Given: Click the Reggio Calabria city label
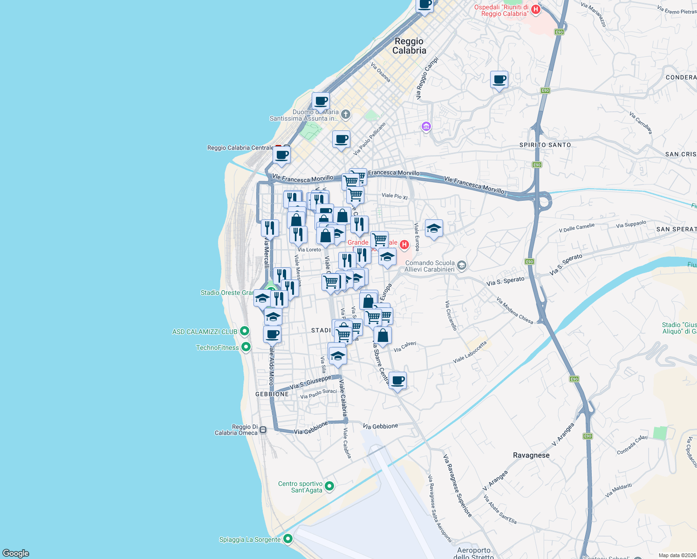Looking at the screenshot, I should (x=409, y=46).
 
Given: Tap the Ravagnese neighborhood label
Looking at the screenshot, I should (x=531, y=455).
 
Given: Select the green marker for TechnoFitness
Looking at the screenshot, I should (x=246, y=347).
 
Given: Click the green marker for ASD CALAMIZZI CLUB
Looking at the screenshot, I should (x=245, y=331).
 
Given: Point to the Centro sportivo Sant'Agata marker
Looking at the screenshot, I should (x=329, y=486).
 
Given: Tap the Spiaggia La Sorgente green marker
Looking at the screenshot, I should (x=288, y=539).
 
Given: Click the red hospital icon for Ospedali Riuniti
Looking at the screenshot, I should (x=535, y=9).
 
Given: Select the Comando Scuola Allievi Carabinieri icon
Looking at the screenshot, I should (x=461, y=266).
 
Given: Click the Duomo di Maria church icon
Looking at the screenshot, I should (x=345, y=114).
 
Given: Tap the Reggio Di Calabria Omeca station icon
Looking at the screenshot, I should (x=263, y=429).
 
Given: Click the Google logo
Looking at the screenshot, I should (x=16, y=553).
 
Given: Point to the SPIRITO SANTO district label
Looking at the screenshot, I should (x=545, y=145).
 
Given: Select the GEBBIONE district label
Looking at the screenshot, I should (x=272, y=394).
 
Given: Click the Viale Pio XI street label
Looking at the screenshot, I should (x=394, y=196).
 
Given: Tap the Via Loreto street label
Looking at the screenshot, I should (x=309, y=250).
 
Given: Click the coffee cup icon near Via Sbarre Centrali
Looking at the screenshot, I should (x=398, y=381).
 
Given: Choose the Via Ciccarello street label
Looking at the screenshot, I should (x=451, y=315).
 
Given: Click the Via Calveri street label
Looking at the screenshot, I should (x=405, y=347).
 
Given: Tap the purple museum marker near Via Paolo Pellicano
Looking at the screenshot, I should (x=426, y=126).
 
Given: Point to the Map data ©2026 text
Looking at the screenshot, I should (x=676, y=555).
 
